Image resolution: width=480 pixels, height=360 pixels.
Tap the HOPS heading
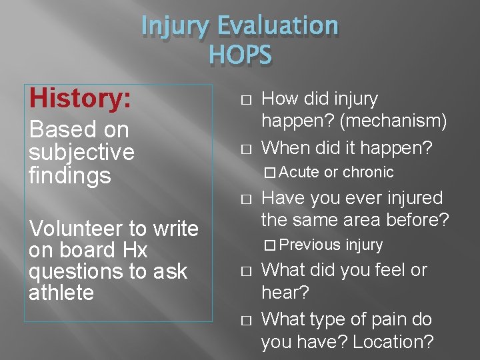click(x=240, y=56)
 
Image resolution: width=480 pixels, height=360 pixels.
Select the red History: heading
click(x=79, y=99)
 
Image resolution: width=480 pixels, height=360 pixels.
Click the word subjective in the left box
click(x=81, y=153)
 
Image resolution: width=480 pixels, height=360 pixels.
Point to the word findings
click(x=69, y=176)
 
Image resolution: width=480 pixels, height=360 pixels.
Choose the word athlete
click(x=61, y=293)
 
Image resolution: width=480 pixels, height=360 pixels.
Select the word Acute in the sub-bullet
click(x=299, y=172)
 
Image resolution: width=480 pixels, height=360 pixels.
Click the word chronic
click(x=368, y=172)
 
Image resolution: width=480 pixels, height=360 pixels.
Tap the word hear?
click(x=285, y=293)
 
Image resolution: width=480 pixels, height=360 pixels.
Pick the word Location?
click(x=393, y=342)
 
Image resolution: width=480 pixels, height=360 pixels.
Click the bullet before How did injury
click(x=245, y=99)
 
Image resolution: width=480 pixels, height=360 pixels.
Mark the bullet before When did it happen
click(x=245, y=147)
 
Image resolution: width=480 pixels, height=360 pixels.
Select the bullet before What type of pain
click(x=245, y=320)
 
